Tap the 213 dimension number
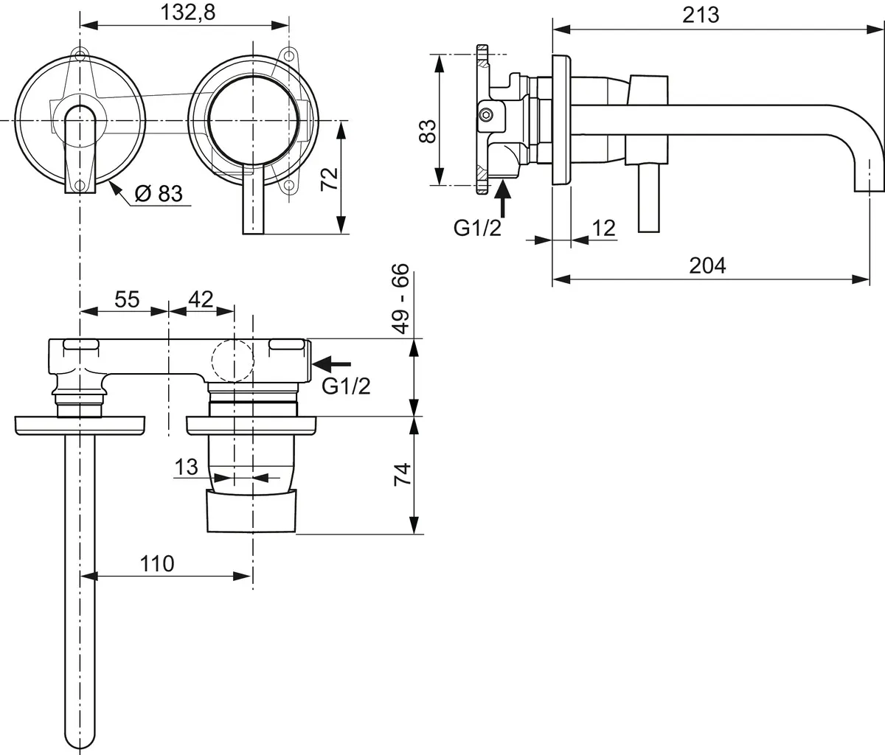pyautogui.click(x=701, y=15)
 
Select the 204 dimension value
pyautogui.click(x=707, y=265)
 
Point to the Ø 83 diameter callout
pyautogui.click(x=159, y=193)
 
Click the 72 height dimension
pyautogui.click(x=330, y=179)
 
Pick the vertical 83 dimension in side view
pyautogui.click(x=427, y=131)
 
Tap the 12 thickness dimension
pyautogui.click(x=604, y=228)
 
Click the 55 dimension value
pyautogui.click(x=127, y=299)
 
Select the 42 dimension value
pyautogui.click(x=201, y=299)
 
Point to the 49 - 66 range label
pyautogui.click(x=401, y=299)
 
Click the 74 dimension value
pyautogui.click(x=403, y=474)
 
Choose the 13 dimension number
pyautogui.click(x=187, y=467)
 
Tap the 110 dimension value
pyautogui.click(x=157, y=564)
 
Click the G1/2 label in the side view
pyautogui.click(x=477, y=228)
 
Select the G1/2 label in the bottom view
pyautogui.click(x=346, y=386)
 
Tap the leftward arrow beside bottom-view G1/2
pyautogui.click(x=332, y=364)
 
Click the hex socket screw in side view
pyautogui.click(x=487, y=115)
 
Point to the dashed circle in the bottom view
pyautogui.click(x=232, y=361)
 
